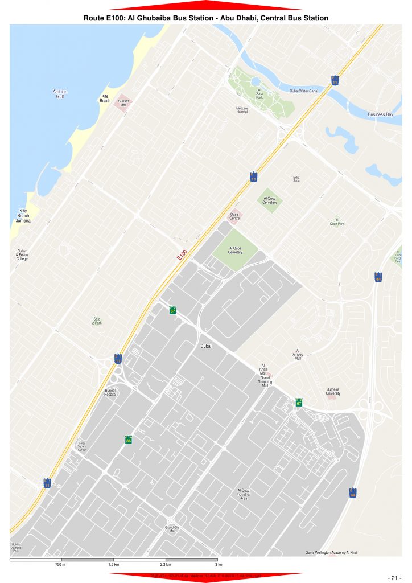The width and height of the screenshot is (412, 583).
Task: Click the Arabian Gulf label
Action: pos(60,94)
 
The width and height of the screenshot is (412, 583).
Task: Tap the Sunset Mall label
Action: pos(123,102)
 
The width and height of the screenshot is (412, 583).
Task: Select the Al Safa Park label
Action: pos(259,94)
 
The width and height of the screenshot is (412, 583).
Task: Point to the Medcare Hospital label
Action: pos(242,110)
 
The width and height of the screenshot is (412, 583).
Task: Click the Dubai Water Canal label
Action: pos(303,91)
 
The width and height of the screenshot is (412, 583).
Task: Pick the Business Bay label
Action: pos(380,114)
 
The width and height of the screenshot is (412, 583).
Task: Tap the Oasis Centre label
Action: pos(234,216)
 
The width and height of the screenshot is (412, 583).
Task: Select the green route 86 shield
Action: pos(129,440)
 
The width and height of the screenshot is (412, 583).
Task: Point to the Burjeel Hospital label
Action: pos(110,392)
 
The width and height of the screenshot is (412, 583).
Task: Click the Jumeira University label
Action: pos(333,391)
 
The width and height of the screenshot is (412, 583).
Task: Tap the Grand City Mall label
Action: pos(171,529)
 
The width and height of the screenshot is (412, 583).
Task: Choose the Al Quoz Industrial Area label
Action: pos(244,494)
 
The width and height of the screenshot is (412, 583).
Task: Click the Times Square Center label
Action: pos(82,447)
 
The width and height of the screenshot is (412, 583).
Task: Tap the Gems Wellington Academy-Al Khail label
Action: pos(331,552)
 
